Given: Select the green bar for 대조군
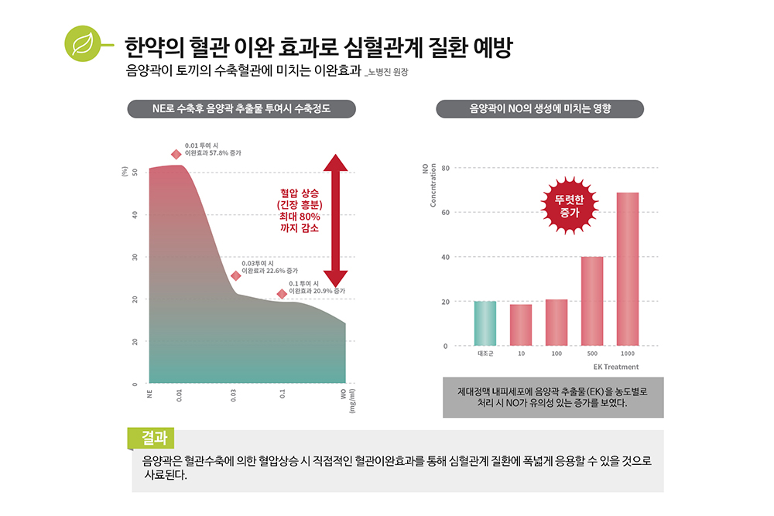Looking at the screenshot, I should click(485, 323).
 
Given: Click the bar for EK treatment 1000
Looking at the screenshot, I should click(628, 268).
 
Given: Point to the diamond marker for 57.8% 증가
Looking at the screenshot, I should click(176, 154).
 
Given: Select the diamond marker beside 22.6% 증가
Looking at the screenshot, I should click(236, 275).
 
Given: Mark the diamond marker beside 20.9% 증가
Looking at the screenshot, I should click(282, 294).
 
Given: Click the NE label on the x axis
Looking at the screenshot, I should click(149, 394).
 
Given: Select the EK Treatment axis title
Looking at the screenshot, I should click(616, 367).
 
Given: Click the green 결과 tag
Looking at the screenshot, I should click(152, 438).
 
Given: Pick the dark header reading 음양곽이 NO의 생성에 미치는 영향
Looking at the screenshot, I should click(540, 109).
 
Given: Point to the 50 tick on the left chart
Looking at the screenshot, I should click(135, 172).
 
